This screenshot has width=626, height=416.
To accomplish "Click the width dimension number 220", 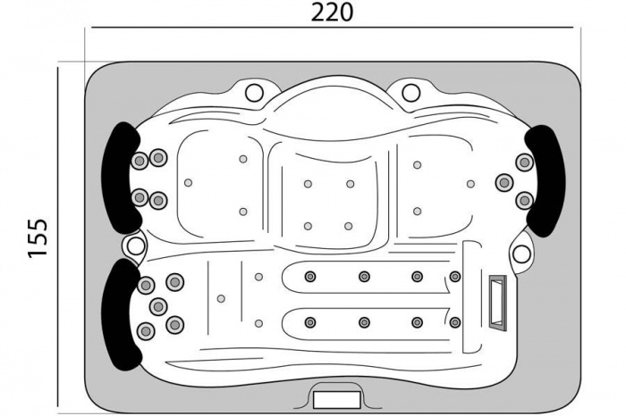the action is point(332,12).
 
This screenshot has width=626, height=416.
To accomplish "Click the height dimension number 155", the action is point(38,237).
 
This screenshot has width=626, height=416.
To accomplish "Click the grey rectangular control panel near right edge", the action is point(498,303).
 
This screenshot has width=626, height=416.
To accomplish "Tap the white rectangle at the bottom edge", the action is point(337,400).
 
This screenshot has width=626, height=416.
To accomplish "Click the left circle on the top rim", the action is point(254,93).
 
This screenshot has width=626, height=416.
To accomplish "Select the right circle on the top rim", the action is point(411,93).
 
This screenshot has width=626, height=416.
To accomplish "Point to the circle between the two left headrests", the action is point(136,246).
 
